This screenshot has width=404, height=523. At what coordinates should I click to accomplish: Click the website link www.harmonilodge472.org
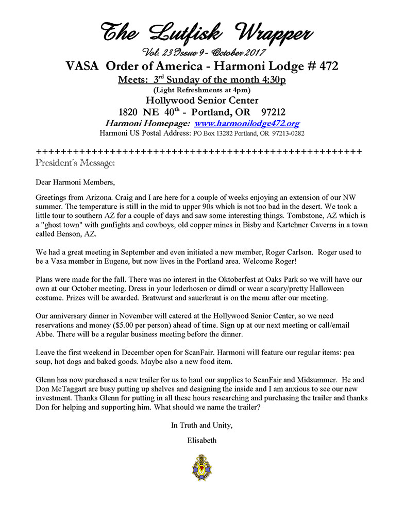247,124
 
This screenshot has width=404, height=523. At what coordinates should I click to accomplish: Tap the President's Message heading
75,163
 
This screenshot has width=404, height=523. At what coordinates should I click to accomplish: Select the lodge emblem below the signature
201,467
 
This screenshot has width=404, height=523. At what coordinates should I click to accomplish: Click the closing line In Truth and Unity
201,425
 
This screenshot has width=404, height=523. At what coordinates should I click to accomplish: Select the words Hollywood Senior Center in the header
201,100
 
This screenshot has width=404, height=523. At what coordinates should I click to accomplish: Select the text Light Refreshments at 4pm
201,90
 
